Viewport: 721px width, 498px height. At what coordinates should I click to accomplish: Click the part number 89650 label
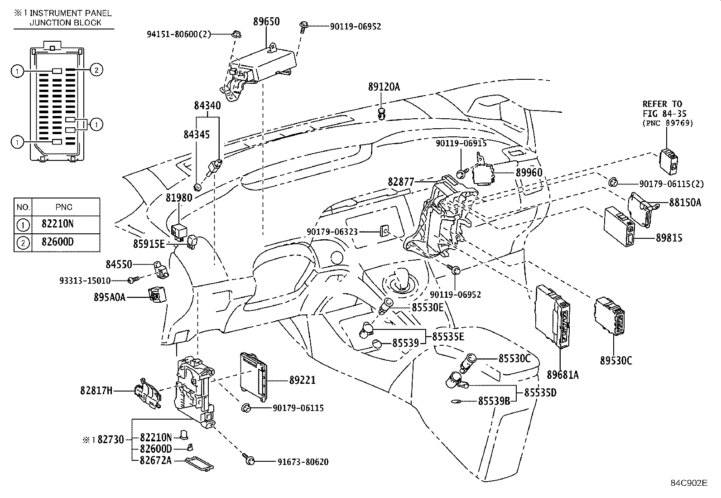click(x=266, y=22)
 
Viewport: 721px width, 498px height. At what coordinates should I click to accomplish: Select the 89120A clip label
click(x=384, y=87)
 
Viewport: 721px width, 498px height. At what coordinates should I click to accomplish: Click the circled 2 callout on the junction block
click(x=96, y=70)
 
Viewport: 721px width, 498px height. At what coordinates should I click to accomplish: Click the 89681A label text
click(x=562, y=375)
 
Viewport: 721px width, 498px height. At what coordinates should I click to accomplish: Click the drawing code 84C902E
click(x=689, y=483)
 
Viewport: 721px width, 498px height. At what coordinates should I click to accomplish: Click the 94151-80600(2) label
click(x=179, y=34)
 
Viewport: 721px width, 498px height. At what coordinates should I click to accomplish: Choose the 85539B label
click(x=494, y=401)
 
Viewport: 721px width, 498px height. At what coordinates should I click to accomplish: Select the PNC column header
click(x=64, y=207)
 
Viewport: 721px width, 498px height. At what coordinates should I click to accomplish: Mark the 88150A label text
click(x=685, y=203)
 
